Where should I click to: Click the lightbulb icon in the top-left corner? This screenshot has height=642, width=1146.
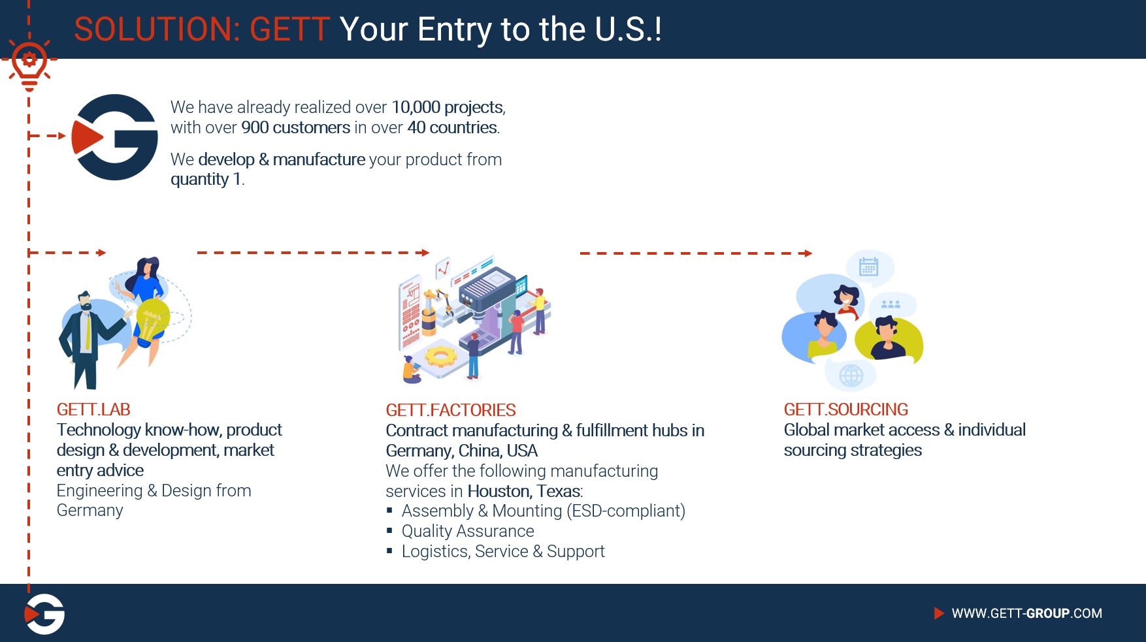click(29, 63)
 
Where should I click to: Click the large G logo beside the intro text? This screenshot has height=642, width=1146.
click(115, 136)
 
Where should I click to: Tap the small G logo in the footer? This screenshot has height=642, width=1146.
click(44, 614)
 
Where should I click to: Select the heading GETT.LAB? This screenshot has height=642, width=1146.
click(93, 409)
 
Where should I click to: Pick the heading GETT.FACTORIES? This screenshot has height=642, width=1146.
click(451, 410)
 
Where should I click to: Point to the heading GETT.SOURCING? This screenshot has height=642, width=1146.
click(846, 409)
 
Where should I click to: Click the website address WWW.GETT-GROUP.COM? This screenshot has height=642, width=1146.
click(1026, 613)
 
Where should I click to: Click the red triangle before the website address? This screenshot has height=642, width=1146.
click(939, 613)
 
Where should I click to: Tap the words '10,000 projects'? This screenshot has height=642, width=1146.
click(448, 107)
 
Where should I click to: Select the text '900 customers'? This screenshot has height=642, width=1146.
click(296, 127)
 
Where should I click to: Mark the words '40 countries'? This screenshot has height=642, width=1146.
click(452, 127)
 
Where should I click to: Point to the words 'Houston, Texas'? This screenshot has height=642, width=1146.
click(524, 491)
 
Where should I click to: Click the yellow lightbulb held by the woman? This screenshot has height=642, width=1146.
click(152, 320)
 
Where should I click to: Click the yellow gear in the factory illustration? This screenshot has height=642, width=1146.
click(440, 356)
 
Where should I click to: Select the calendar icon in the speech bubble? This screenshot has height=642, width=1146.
click(868, 266)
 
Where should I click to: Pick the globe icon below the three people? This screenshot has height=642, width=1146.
click(851, 375)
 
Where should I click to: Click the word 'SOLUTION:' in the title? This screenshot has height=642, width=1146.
click(157, 29)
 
